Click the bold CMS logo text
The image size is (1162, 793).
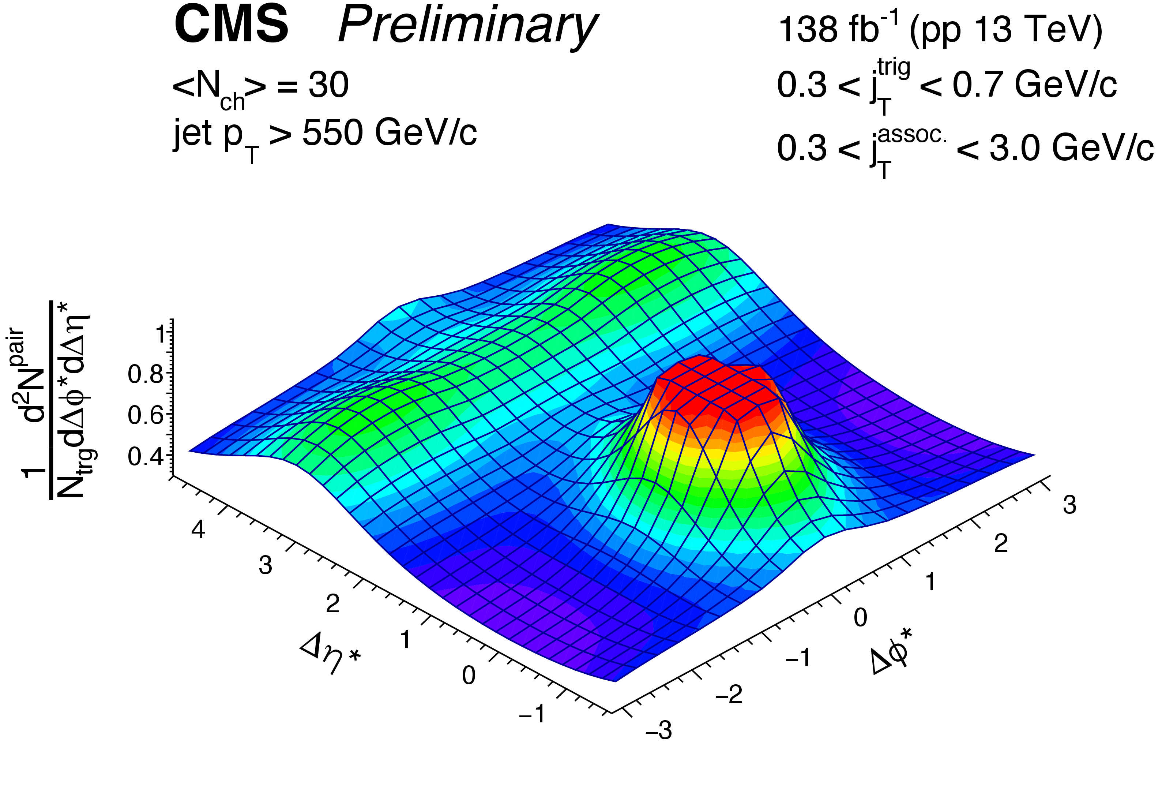point(231,26)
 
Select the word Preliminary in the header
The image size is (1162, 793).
point(467,27)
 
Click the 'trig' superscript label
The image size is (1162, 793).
point(894,68)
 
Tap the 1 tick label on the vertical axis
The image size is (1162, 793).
point(161,333)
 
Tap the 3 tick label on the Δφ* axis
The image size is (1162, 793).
point(1069,505)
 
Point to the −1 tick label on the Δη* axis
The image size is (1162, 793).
point(532,714)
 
